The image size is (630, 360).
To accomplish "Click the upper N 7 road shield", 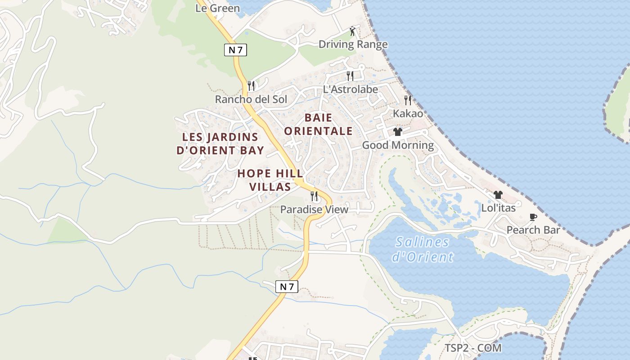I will [x=235, y=50].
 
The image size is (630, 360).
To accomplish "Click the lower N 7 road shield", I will [x=287, y=286].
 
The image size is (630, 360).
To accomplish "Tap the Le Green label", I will [x=217, y=8].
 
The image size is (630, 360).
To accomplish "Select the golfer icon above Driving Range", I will [x=352, y=31].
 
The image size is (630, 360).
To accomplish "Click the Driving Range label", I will [x=353, y=44].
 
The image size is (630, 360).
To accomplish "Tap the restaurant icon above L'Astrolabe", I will [x=350, y=76].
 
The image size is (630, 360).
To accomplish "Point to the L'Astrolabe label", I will [x=351, y=89].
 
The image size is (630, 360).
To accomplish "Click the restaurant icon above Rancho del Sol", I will [x=251, y=85].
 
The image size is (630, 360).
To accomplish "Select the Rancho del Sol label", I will [x=251, y=99].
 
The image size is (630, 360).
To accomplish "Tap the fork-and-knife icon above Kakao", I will [x=408, y=100].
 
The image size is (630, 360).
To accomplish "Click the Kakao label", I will [x=408, y=113].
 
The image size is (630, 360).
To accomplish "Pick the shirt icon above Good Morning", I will [x=397, y=132].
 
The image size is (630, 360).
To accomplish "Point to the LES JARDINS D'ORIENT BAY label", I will [x=220, y=144].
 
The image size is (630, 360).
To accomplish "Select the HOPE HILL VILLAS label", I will [x=270, y=180].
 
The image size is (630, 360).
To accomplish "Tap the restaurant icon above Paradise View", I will [x=314, y=196].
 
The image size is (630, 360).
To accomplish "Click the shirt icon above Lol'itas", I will [x=498, y=195].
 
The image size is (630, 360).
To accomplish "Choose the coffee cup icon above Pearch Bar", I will [x=533, y=217].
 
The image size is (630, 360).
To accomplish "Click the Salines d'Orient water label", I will [x=422, y=249].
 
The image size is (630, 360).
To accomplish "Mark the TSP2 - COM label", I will [x=473, y=348].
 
